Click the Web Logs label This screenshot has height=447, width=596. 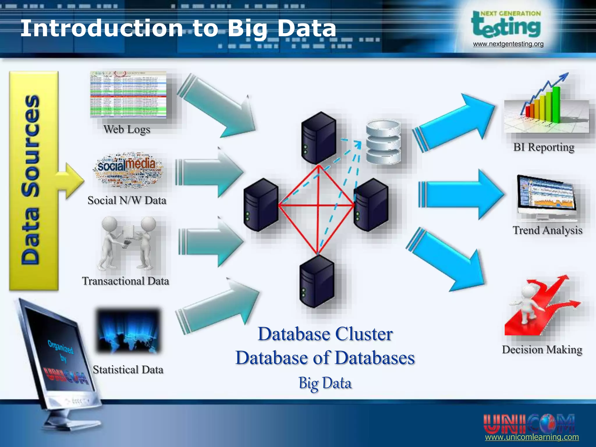(127, 129)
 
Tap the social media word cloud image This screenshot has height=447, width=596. (128, 169)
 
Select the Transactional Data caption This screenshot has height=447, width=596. (125, 281)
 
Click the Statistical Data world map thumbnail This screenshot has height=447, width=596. (128, 331)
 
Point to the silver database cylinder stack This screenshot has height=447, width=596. (383, 142)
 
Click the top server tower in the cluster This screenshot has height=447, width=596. (318, 137)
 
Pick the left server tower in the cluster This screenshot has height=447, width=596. (261, 205)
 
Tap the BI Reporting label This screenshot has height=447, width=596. (544, 147)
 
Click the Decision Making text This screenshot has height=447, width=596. (542, 350)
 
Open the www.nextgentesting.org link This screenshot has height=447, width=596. (508, 44)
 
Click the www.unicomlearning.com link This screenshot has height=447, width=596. (532, 437)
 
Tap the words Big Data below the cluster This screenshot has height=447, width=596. (325, 383)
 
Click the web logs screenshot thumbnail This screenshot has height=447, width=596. (128, 95)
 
